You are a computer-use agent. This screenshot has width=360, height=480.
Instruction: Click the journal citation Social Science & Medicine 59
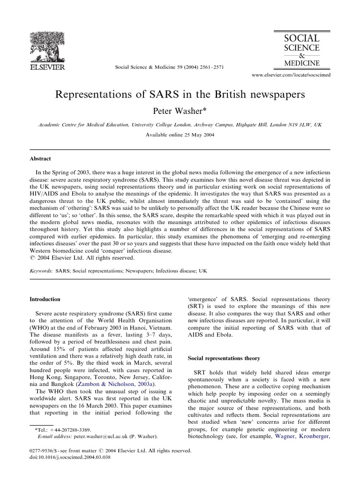(x=169, y=67)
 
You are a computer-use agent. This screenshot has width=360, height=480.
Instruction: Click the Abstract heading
(x=40, y=159)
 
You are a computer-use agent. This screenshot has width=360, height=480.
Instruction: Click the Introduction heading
(x=45, y=299)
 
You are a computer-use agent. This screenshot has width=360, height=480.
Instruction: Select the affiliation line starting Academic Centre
(x=180, y=125)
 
